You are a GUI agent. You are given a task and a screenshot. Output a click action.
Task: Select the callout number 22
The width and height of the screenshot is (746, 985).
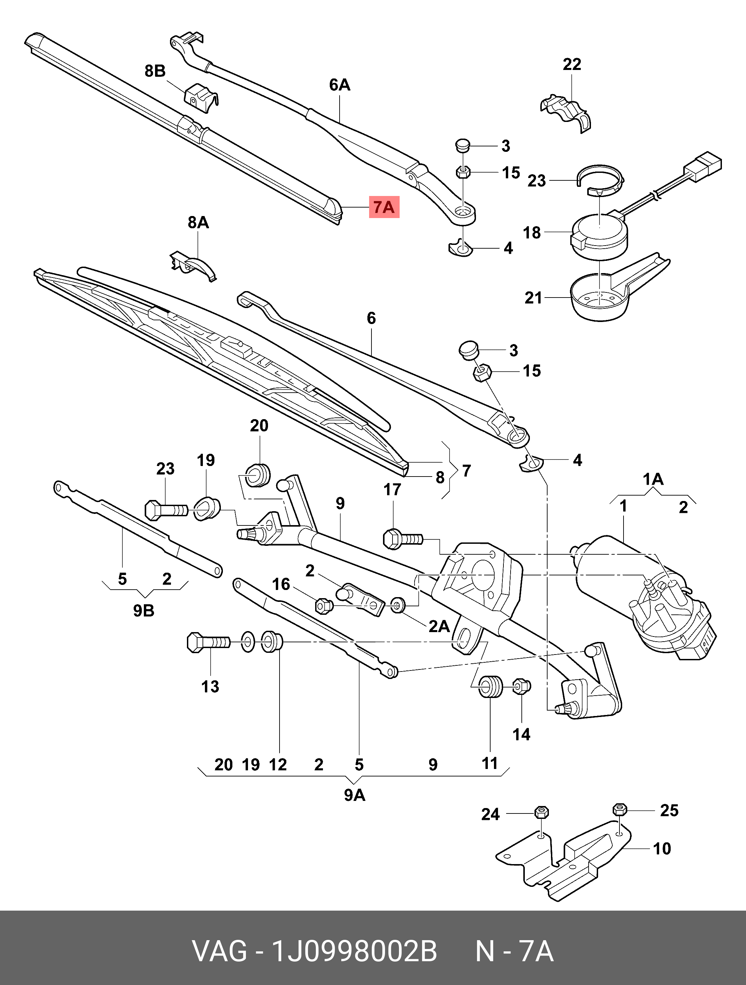point(572,64)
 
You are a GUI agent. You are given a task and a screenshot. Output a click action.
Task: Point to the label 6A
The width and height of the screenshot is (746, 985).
point(339,85)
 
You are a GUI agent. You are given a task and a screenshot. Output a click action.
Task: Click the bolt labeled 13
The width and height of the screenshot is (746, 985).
point(208,643)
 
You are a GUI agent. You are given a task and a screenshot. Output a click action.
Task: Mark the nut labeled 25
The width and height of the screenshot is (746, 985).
point(620,808)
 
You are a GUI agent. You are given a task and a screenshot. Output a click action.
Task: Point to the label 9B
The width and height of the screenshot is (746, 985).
point(144,610)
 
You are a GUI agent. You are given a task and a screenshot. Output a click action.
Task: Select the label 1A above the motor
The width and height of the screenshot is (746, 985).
point(653,480)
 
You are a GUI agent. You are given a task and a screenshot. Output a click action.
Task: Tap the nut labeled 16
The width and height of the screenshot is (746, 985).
point(322,606)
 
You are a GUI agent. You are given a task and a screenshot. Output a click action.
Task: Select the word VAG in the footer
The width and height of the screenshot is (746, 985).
point(219,952)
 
